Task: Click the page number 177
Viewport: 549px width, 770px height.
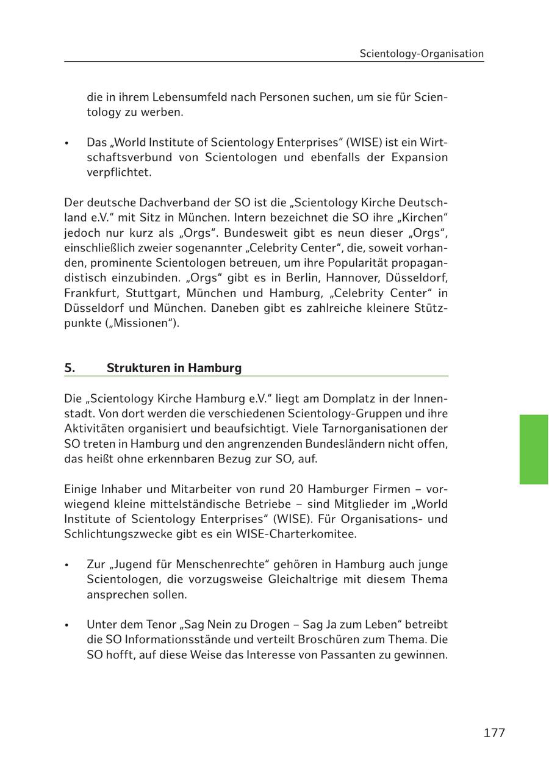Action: pos(494,733)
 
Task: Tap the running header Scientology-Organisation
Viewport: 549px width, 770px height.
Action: pos(422,54)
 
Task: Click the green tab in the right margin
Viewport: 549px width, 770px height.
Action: pos(533,449)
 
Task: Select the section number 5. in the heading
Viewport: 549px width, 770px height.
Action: pos(70,368)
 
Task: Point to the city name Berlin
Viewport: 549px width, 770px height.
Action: pos(301,278)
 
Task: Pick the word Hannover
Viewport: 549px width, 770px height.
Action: pos(356,278)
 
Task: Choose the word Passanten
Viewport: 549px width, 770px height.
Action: pos(354,655)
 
